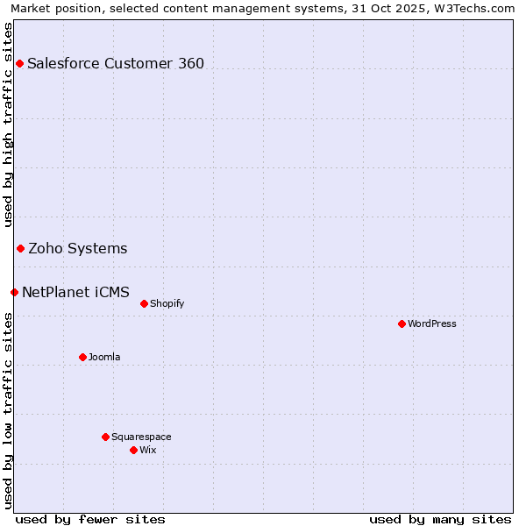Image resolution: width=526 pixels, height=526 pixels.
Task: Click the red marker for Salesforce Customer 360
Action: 19,63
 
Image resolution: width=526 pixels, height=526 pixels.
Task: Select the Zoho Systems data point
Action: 20,249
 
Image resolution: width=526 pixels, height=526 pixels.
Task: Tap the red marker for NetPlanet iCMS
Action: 14,292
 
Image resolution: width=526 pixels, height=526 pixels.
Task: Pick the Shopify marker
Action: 144,304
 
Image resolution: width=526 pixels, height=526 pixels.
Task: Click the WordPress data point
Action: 402,324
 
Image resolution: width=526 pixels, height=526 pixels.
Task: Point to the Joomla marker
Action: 82,357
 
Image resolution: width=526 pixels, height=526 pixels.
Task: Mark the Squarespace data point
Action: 105,437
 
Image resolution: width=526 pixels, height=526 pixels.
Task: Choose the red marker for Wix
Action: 133,450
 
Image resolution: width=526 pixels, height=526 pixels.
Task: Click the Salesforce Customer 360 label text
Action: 116,63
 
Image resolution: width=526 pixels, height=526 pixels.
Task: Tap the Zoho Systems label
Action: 78,249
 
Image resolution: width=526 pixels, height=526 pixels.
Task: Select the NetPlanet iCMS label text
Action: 75,292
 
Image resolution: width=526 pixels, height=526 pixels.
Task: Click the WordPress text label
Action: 432,324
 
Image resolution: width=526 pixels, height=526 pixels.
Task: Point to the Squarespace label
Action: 141,437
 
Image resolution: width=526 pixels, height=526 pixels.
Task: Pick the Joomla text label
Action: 104,357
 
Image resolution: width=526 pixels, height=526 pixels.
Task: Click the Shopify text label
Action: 167,304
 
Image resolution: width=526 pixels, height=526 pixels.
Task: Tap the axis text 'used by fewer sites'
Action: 90,519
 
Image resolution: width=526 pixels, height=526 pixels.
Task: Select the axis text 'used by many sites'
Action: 440,519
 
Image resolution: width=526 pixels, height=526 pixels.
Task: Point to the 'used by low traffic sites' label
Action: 8,410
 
